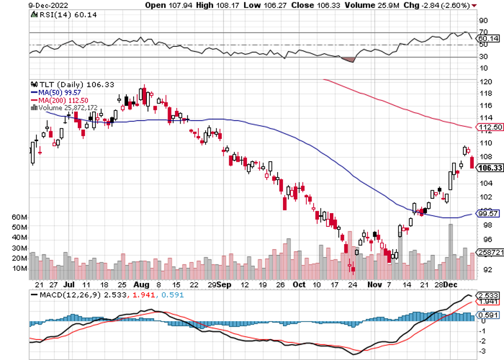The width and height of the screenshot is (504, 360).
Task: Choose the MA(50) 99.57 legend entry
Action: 57,91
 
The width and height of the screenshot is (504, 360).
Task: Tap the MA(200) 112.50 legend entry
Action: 59,99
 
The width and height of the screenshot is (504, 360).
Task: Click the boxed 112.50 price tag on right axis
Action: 490,127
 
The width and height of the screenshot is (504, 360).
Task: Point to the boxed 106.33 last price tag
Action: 490,168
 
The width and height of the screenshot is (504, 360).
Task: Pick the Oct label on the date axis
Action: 299,283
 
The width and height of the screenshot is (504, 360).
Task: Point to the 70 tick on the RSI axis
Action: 483,32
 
